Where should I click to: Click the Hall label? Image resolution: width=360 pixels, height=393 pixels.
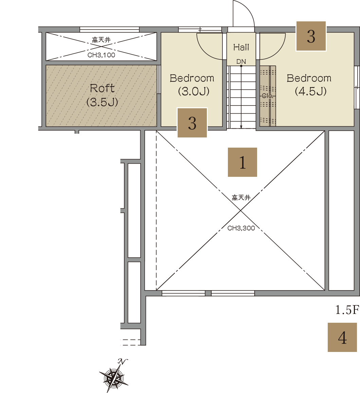[241, 47]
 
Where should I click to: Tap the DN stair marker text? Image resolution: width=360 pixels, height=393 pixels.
[241, 61]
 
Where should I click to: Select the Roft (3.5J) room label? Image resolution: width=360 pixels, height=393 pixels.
[102, 95]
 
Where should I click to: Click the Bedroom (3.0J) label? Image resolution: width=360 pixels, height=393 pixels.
[192, 85]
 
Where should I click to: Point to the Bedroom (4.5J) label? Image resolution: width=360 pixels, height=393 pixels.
[309, 85]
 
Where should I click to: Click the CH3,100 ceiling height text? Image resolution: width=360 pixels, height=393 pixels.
[101, 55]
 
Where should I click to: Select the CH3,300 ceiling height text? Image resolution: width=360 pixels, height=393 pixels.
[241, 228]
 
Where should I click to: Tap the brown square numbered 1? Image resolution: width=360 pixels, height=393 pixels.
[242, 162]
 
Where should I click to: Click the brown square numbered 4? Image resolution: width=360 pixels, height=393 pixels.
[342, 337]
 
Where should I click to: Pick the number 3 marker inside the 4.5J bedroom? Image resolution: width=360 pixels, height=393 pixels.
[311, 36]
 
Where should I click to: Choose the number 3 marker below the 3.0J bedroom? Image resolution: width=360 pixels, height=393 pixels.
[192, 123]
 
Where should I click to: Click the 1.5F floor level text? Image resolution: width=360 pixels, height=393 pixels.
[347, 310]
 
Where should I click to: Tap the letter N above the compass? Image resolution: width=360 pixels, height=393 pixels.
[123, 361]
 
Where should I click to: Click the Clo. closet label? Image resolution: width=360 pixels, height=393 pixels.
[267, 96]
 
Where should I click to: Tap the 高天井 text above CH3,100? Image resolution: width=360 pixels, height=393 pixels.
[101, 40]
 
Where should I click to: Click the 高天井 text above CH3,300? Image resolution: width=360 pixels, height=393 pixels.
[241, 198]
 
